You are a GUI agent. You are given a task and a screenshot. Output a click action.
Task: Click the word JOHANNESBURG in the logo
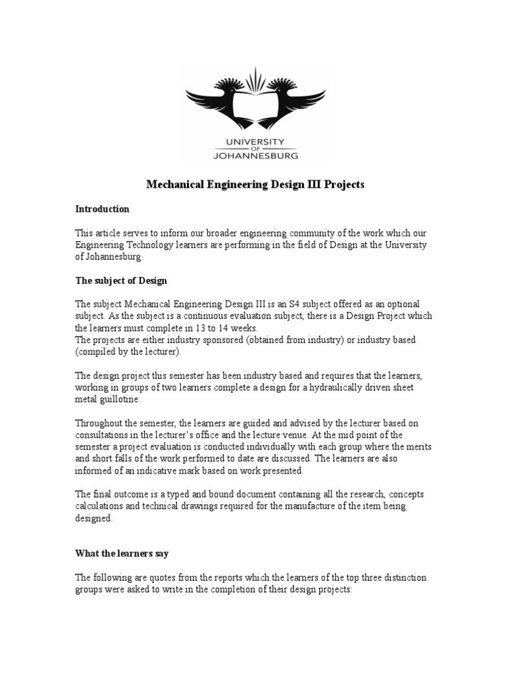pyautogui.click(x=255, y=155)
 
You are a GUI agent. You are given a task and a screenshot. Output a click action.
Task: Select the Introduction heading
pyautogui.click(x=102, y=208)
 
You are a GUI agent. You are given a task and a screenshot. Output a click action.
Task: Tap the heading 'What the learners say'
pyautogui.click(x=122, y=553)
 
